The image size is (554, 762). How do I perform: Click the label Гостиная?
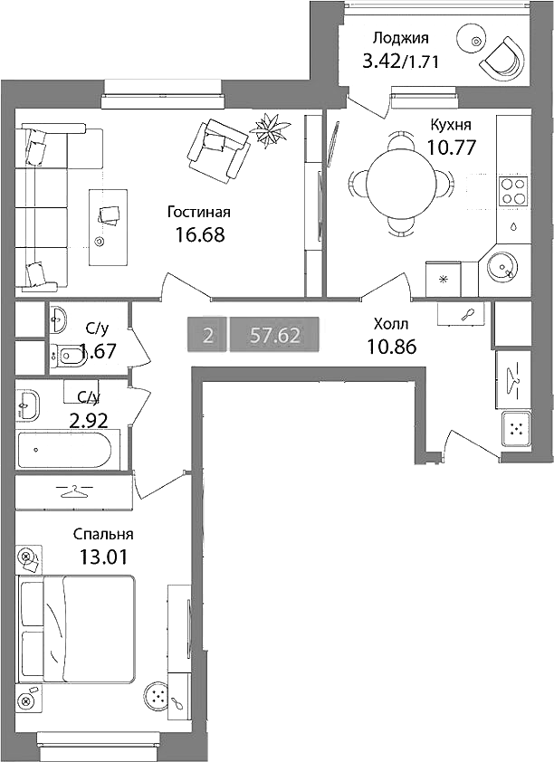click(x=199, y=213)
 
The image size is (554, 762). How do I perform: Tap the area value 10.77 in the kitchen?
click(x=451, y=147)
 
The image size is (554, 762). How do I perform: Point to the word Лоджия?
click(x=401, y=38)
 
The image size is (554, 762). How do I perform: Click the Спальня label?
click(x=103, y=535)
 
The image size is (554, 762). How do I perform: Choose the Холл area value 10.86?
click(x=392, y=347)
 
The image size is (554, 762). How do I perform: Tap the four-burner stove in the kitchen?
click(x=513, y=191)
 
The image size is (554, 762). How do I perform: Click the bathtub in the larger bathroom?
click(x=69, y=450)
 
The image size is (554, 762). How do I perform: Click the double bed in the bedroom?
click(x=76, y=629)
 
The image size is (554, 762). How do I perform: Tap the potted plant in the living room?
click(x=270, y=128)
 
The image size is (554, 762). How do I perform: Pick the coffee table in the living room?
click(x=108, y=227)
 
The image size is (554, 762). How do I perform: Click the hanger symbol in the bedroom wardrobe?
click(x=74, y=491)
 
